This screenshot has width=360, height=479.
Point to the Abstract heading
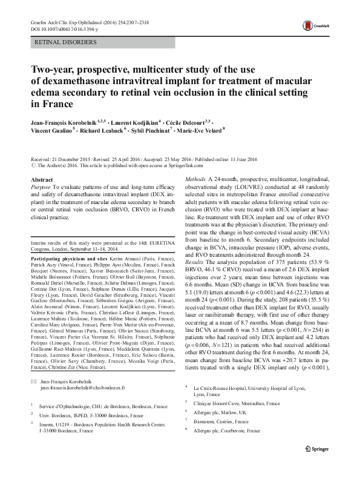pyautogui.click(x=42, y=180)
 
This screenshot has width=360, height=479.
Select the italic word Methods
pyautogui.click(x=197, y=180)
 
